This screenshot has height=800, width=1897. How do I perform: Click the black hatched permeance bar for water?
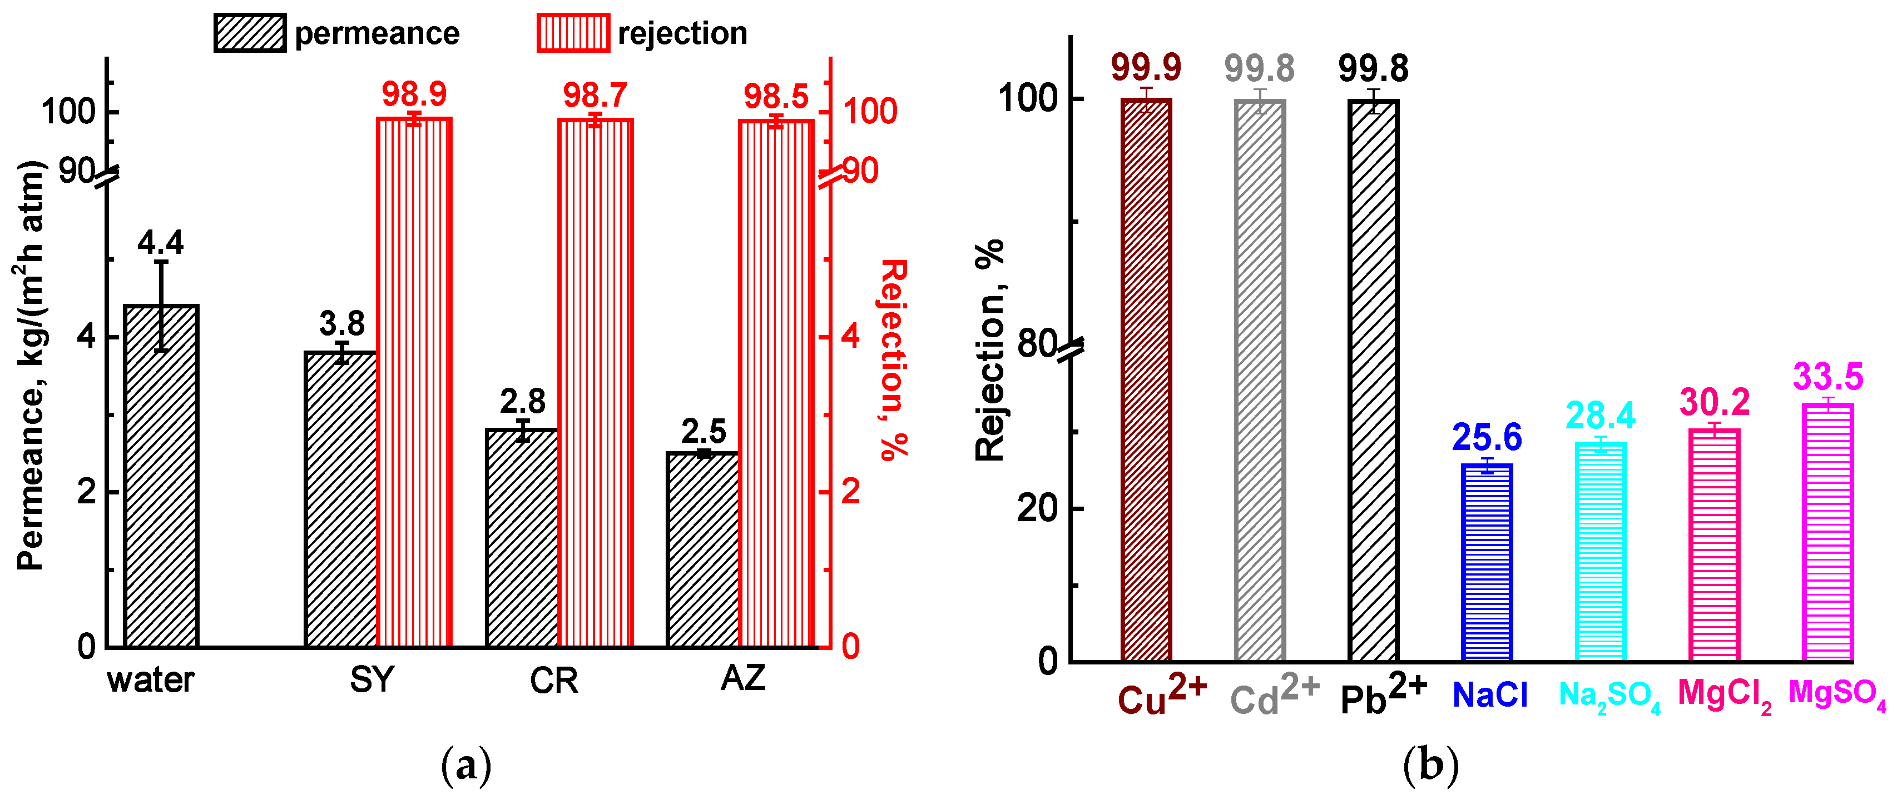pos(161,476)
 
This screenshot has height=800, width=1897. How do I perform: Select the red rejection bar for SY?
pos(414,383)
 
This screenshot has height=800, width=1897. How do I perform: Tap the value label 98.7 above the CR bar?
pos(595,95)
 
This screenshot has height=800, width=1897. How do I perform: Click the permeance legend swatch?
pos(250,33)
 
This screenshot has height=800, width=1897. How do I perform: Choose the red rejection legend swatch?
pos(573,33)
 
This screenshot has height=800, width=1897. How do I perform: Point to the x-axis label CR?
pos(554,681)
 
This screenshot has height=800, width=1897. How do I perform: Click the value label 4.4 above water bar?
pos(161,243)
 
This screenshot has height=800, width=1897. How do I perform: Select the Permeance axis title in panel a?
pos(31,365)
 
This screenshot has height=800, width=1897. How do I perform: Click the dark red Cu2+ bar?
pos(1146,380)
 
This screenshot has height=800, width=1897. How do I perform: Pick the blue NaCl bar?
pos(1487,562)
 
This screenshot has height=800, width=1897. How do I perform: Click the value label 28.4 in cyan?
pos(1600,416)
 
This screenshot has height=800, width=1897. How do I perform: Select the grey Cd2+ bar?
pos(1260,380)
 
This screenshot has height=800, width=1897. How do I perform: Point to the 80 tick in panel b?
pos(1037,343)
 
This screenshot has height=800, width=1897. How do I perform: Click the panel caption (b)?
pos(1430,766)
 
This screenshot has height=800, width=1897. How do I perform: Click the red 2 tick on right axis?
pos(850,492)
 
